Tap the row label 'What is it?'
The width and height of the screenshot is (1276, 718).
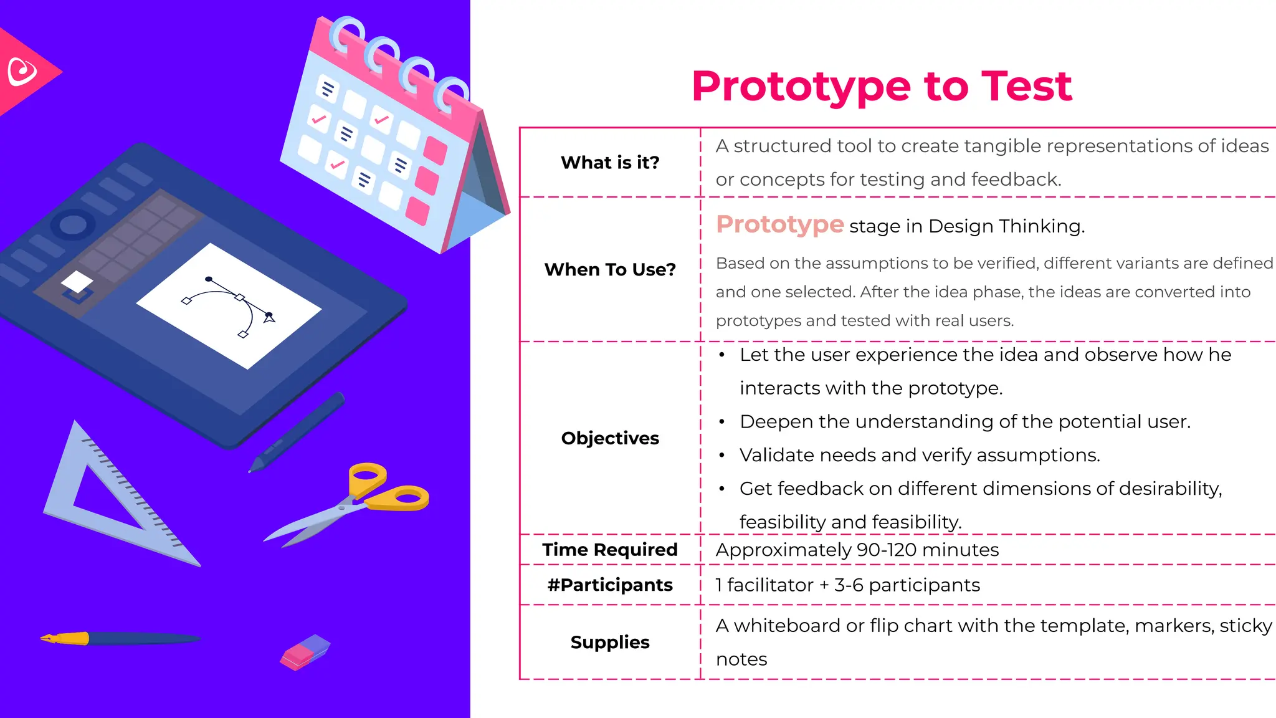tap(610, 163)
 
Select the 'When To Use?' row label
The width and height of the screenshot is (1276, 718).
tap(610, 269)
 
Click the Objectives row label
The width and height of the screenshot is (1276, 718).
tap(610, 438)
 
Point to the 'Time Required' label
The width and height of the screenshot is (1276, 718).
tap(610, 550)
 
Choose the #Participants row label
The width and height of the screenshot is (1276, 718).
tap(610, 585)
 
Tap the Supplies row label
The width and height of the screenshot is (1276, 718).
tap(610, 642)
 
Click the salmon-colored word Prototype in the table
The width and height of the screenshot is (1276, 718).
tap(779, 224)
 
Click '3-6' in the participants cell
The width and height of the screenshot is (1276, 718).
tap(849, 585)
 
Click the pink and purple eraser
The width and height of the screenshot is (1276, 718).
tap(305, 652)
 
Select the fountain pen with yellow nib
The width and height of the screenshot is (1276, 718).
tap(118, 638)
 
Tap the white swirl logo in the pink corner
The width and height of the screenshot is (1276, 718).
tap(22, 71)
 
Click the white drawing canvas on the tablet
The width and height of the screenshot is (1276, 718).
tap(229, 305)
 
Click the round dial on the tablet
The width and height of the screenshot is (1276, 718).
tap(73, 225)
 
